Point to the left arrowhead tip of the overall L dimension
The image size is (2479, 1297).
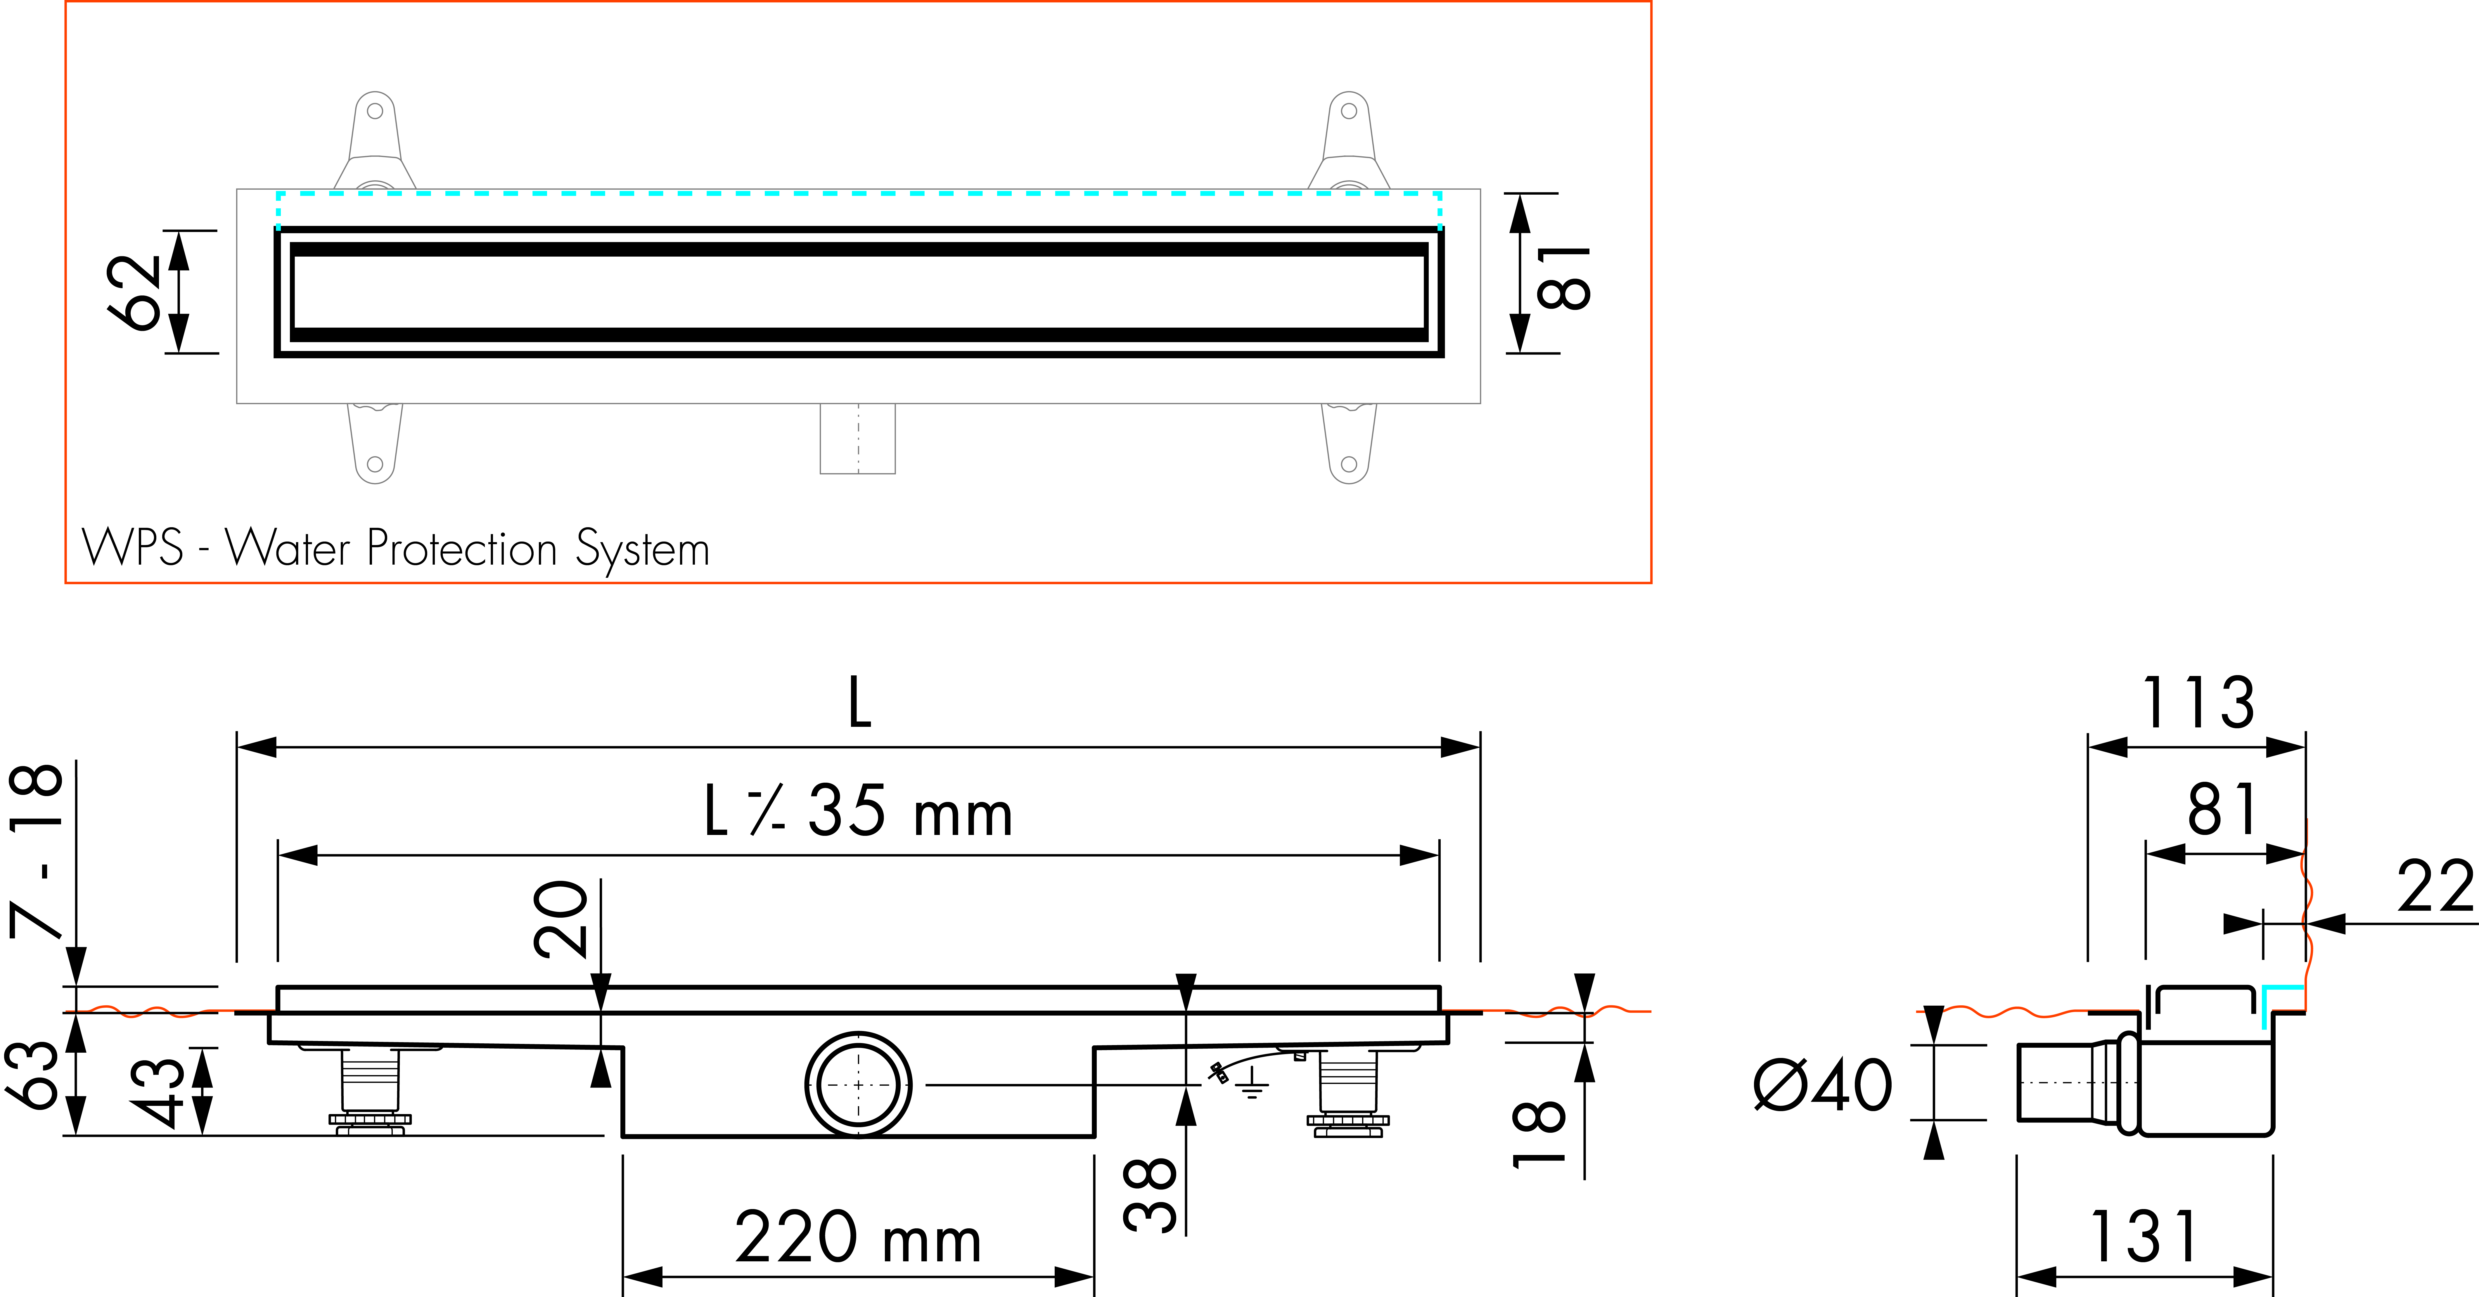coord(238,747)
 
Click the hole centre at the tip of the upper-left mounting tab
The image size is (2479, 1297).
coord(375,111)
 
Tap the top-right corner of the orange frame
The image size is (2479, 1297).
coord(1651,2)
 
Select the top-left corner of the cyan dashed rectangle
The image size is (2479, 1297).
coord(278,193)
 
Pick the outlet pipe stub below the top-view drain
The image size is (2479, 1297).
coord(857,439)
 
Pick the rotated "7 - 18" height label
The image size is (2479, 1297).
coord(37,850)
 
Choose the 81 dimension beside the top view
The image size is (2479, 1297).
coord(1564,277)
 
